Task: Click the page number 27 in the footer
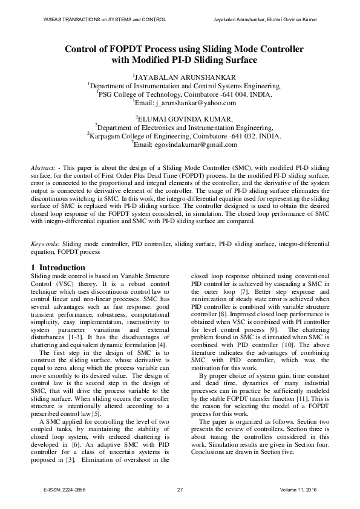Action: [x=180, y=488]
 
